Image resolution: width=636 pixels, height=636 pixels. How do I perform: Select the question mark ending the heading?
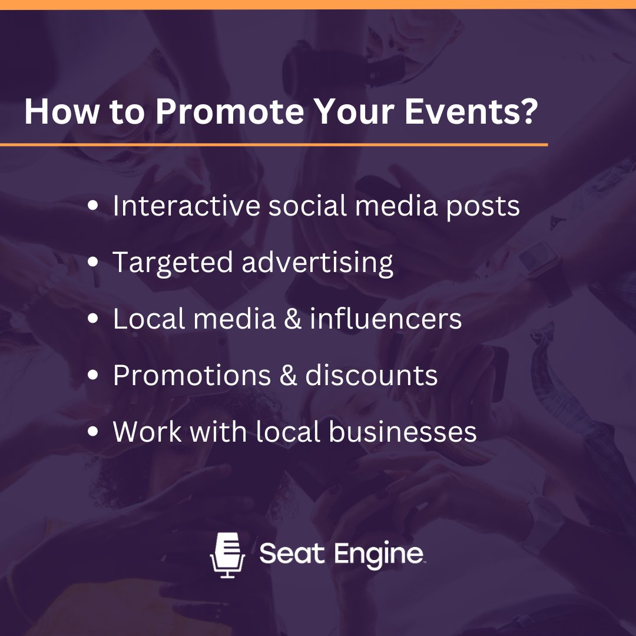(x=526, y=112)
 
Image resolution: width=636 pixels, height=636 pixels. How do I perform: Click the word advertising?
(x=317, y=263)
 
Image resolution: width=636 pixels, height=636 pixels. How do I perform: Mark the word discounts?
(x=372, y=375)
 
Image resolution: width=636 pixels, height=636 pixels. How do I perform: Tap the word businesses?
(x=403, y=432)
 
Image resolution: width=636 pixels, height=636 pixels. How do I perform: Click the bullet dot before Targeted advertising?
(x=93, y=262)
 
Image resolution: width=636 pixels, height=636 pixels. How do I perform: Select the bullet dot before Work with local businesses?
(x=93, y=432)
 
